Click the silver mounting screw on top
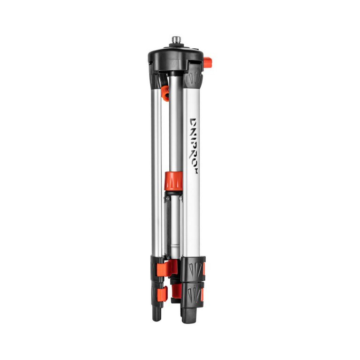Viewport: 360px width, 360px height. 176,41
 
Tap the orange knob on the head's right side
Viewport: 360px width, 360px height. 208,63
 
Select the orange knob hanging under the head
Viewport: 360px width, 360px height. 165,93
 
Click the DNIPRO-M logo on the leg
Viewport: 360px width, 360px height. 193,146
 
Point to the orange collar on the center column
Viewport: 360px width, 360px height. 173,181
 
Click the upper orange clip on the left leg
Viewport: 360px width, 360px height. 164,268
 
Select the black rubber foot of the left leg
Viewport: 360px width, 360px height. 157,314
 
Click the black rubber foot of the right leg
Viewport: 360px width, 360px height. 189,315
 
